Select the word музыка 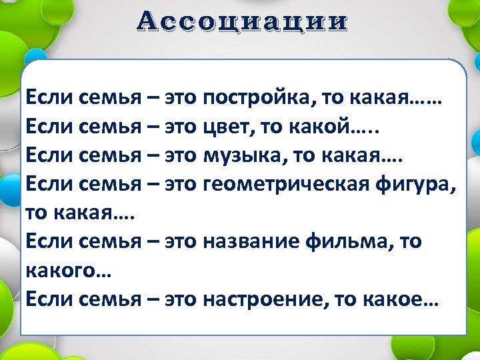(243, 157)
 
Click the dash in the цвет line (153, 129)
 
